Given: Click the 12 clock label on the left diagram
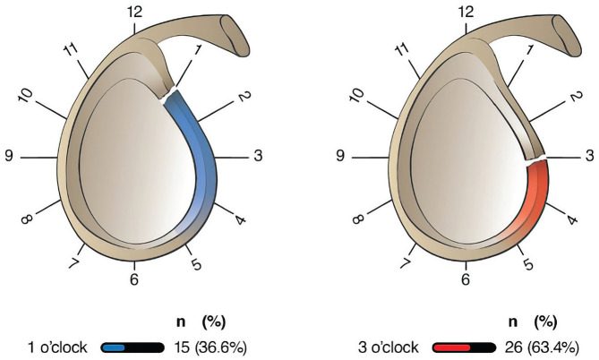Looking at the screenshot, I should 134,13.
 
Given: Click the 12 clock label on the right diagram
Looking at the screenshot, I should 465,13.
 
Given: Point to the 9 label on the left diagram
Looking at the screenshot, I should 11,157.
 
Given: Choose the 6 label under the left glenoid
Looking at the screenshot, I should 134,279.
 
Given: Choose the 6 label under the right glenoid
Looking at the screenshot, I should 466,279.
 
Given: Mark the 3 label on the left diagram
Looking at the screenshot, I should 259,157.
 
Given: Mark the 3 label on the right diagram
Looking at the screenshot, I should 589,157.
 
